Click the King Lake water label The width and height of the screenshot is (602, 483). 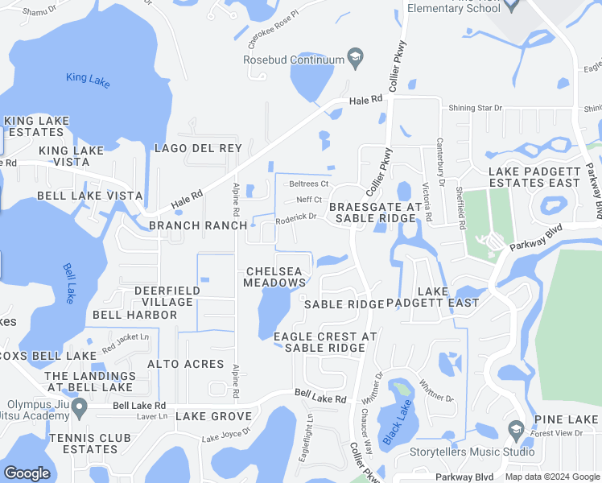pyautogui.click(x=88, y=80)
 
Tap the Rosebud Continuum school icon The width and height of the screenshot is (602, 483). pyautogui.click(x=354, y=58)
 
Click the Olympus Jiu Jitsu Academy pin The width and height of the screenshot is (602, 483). pyautogui.click(x=79, y=407)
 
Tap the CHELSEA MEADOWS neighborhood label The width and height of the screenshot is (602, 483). pyautogui.click(x=276, y=277)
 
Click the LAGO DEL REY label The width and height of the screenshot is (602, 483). pyautogui.click(x=198, y=148)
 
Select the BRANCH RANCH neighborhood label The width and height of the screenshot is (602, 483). pyautogui.click(x=198, y=225)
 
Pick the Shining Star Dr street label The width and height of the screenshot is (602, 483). pyautogui.click(x=474, y=108)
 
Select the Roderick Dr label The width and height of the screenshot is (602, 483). pyautogui.click(x=295, y=217)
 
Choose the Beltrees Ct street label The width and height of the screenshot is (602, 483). pyautogui.click(x=309, y=184)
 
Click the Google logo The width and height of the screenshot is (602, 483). pyautogui.click(x=27, y=473)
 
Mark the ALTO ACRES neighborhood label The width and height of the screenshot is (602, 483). pyautogui.click(x=185, y=364)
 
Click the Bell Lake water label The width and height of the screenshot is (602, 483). pyautogui.click(x=71, y=282)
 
